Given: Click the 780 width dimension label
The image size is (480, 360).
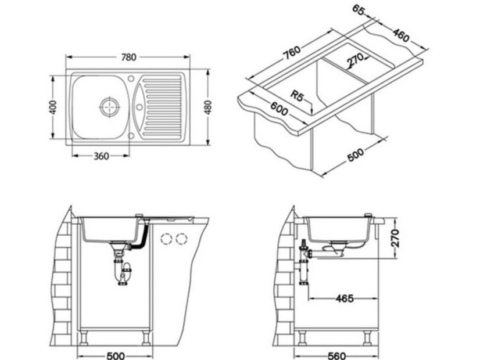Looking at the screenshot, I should tap(128, 57).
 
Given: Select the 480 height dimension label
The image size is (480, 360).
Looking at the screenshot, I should tap(208, 107).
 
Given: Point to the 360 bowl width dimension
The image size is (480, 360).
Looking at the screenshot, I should tap(101, 156).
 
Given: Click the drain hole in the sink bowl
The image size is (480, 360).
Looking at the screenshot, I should tap(109, 106).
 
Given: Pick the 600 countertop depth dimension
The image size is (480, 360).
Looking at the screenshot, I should tap(278, 109).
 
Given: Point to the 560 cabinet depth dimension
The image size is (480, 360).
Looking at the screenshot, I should tap(337, 355).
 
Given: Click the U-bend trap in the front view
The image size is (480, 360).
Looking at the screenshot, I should tap(123, 273).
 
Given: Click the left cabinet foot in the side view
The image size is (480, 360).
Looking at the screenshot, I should tap(303, 337).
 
